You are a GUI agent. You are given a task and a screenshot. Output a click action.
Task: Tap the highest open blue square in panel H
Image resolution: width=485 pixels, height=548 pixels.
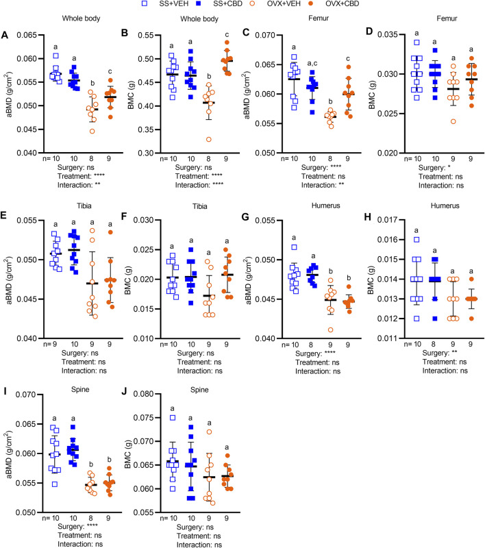coord(414,239)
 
